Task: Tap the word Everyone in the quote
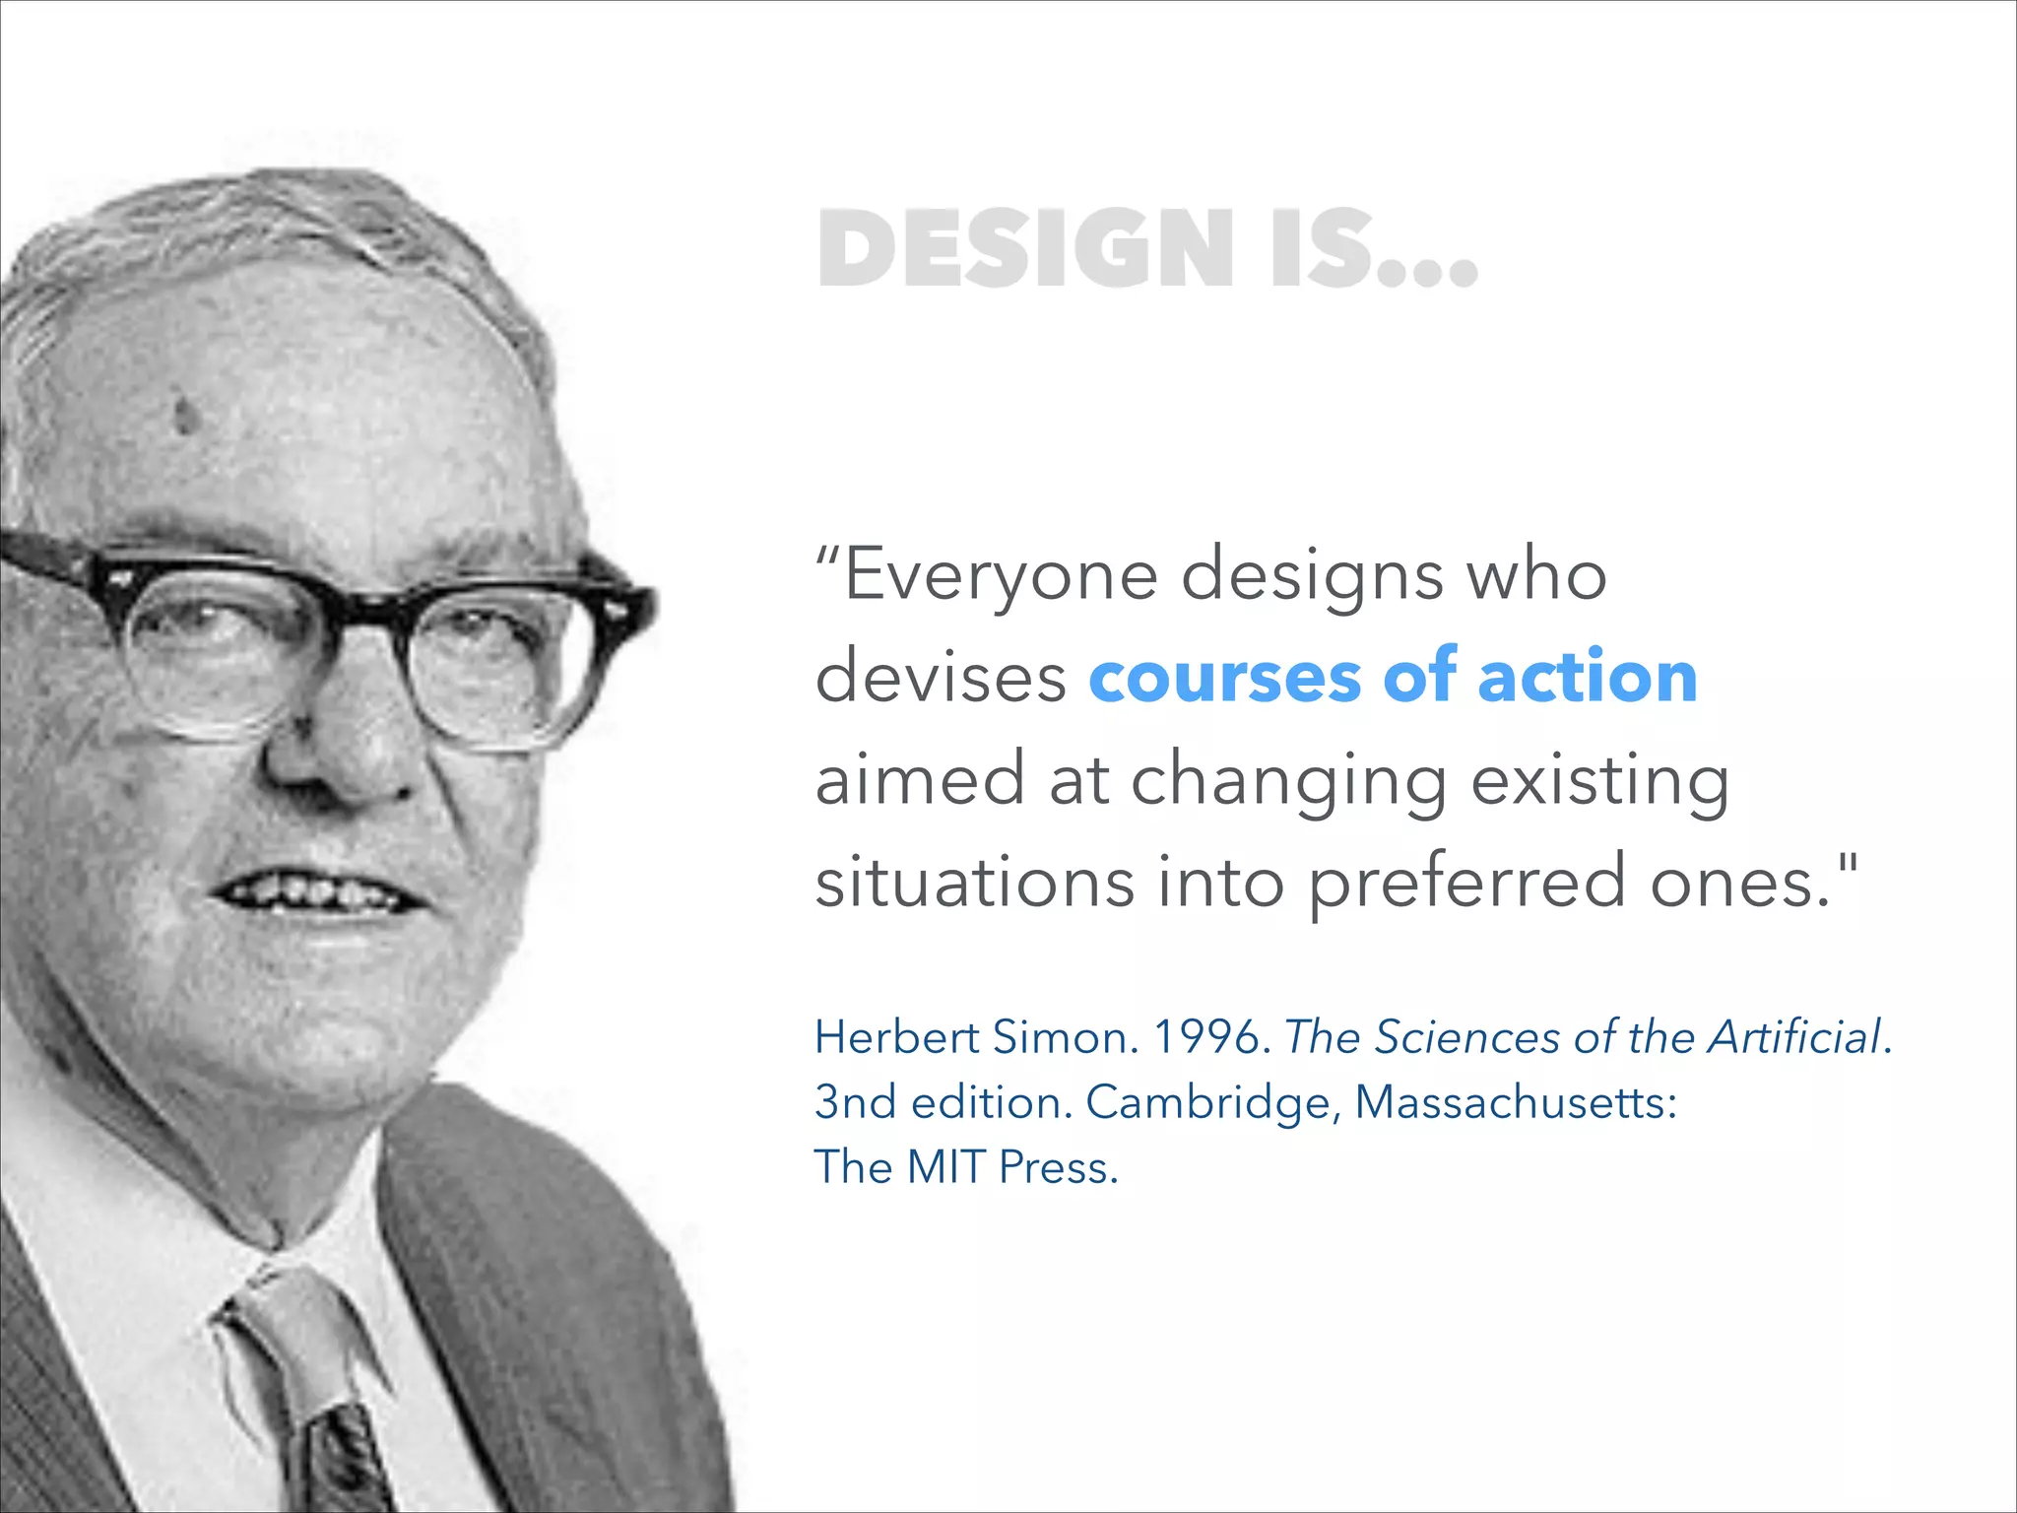(x=1001, y=576)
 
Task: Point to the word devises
(x=941, y=678)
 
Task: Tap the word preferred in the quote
(x=1466, y=885)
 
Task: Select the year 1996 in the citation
(x=1210, y=1037)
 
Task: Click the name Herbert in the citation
(x=895, y=1037)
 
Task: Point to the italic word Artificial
(x=1794, y=1037)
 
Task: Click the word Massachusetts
(x=1515, y=1102)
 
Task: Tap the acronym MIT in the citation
(x=945, y=1167)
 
